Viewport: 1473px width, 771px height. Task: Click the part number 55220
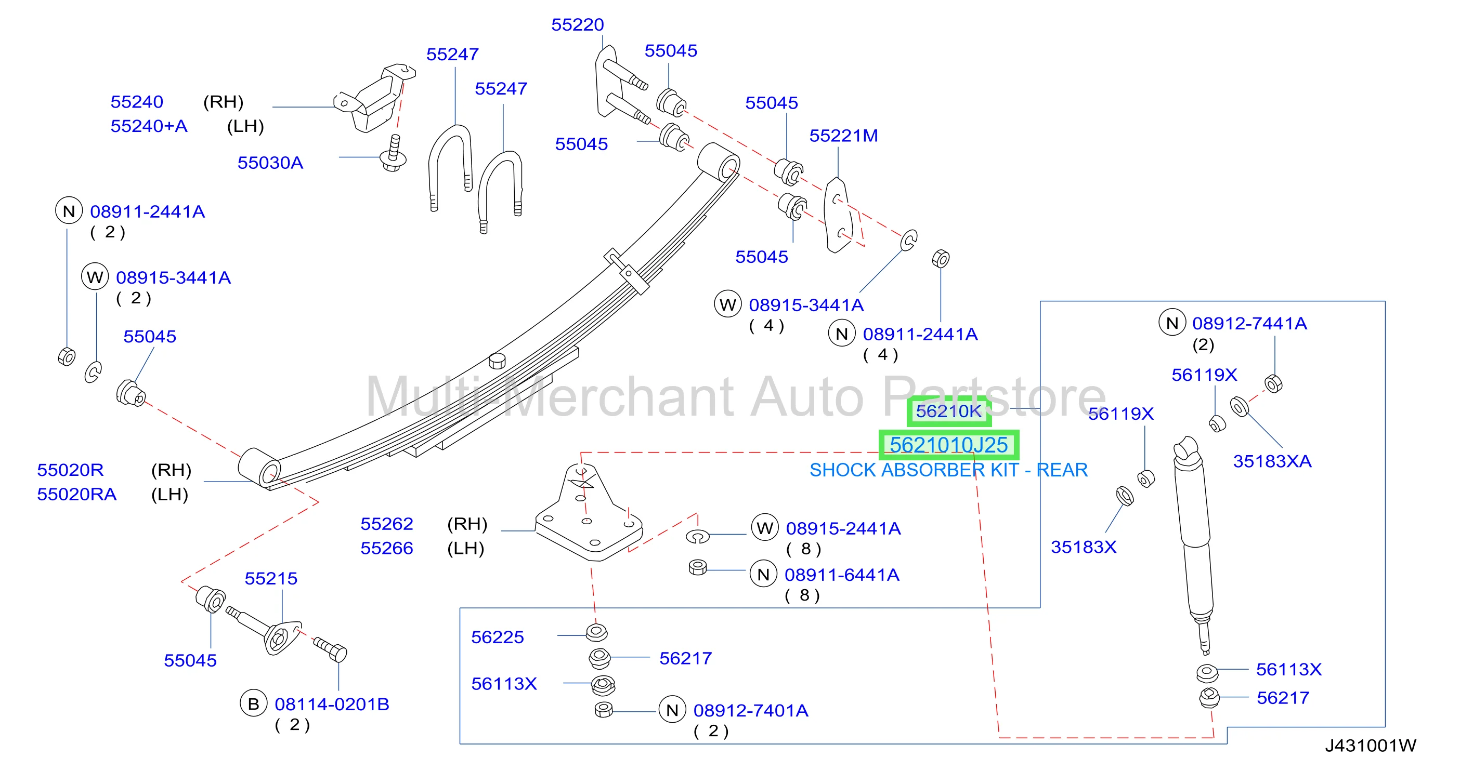pos(577,24)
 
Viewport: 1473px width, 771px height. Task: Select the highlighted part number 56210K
pos(949,411)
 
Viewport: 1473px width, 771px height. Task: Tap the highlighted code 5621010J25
pos(949,445)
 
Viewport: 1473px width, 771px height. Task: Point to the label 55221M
pos(843,136)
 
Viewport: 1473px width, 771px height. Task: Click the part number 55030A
pos(270,163)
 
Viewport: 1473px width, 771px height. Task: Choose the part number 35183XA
pos(1272,461)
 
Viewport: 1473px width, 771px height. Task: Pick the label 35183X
pos(1083,547)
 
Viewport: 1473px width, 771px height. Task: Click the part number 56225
pos(497,637)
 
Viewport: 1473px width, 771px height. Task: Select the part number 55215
pos(270,578)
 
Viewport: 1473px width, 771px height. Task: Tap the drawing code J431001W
pos(1371,746)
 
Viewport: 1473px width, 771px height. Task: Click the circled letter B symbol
pos(253,704)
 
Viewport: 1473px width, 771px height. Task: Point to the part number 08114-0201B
pos(332,704)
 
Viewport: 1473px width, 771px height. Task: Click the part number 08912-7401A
pos(751,710)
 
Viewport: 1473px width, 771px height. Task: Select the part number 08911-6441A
pos(842,575)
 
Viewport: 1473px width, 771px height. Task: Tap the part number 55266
pos(386,548)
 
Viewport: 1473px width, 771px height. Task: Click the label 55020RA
pos(76,495)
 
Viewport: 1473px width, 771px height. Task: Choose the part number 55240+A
pos(149,126)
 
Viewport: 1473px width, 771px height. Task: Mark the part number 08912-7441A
pos(1249,324)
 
